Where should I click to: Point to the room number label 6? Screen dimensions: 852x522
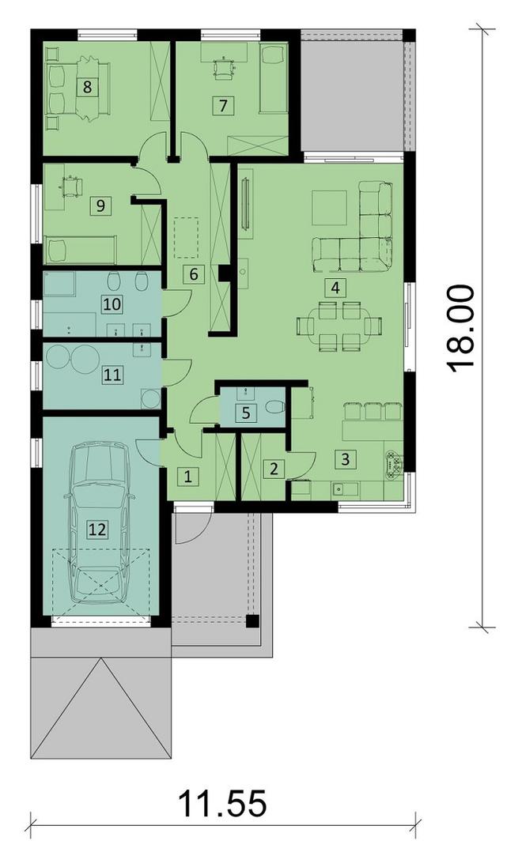point(191,275)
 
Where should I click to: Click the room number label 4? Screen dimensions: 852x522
point(336,287)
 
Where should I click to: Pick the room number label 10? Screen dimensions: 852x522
point(112,303)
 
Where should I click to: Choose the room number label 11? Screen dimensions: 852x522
point(112,374)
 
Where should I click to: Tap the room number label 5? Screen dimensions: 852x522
point(245,412)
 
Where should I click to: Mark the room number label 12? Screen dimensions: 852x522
point(96,530)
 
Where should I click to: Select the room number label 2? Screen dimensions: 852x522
point(274,468)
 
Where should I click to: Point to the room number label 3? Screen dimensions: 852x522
point(343,457)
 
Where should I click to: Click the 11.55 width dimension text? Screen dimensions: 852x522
point(222,805)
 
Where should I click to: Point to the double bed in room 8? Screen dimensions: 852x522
point(75,87)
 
